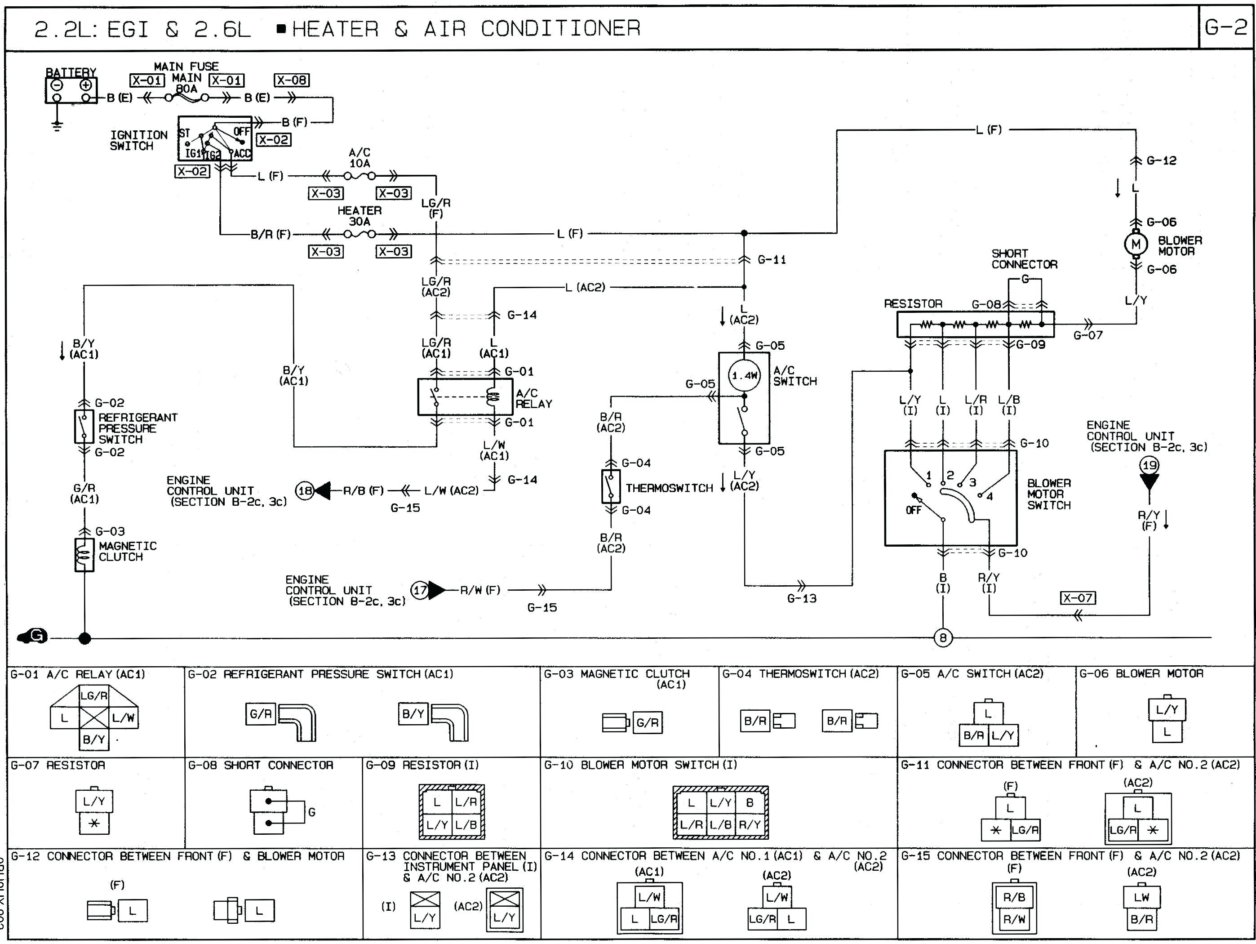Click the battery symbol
tap(71, 90)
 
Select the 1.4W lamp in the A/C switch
tap(744, 375)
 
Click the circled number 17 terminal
tap(420, 590)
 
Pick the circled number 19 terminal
tap(1149, 466)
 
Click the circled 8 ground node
tap(943, 638)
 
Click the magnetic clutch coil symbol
tap(84, 554)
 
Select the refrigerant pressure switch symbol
tap(84, 427)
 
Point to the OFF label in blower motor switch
tap(913, 510)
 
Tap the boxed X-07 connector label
tap(1078, 597)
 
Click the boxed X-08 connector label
tap(291, 80)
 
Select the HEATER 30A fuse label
tap(359, 216)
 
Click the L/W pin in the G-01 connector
tap(123, 717)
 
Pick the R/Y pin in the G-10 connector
tap(750, 824)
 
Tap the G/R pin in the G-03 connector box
tap(647, 722)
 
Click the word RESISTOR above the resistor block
tap(913, 304)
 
